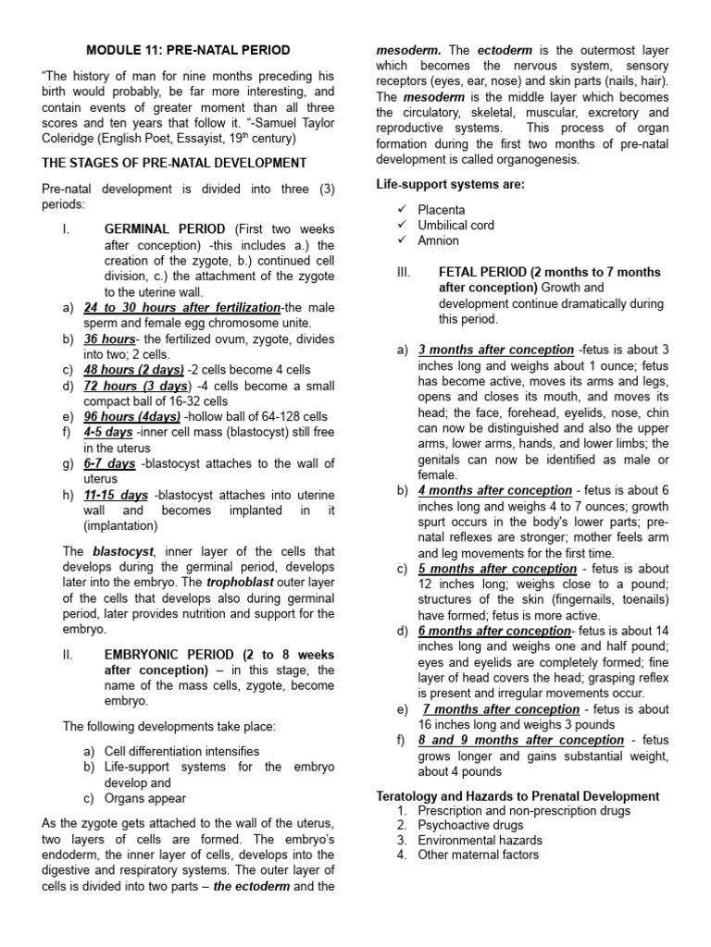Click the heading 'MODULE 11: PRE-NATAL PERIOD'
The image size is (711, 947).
(x=188, y=49)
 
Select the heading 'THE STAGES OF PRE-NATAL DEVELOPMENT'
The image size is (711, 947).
(x=174, y=163)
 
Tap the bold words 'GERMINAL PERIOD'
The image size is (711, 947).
(x=164, y=228)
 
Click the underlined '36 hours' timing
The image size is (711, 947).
(x=109, y=339)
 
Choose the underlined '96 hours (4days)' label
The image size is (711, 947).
(x=131, y=416)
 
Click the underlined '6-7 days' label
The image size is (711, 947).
(x=109, y=462)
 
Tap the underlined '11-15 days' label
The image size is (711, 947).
(x=116, y=495)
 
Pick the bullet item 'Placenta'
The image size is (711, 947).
(x=441, y=210)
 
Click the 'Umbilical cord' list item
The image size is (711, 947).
(x=455, y=225)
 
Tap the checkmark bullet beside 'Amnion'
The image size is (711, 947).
(x=401, y=240)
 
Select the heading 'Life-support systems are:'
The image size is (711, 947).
(x=450, y=184)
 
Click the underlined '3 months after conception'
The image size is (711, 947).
(x=495, y=350)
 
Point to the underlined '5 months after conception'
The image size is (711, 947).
(x=497, y=569)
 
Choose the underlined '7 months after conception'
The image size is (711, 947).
(x=501, y=709)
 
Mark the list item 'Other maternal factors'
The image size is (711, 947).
(x=478, y=855)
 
